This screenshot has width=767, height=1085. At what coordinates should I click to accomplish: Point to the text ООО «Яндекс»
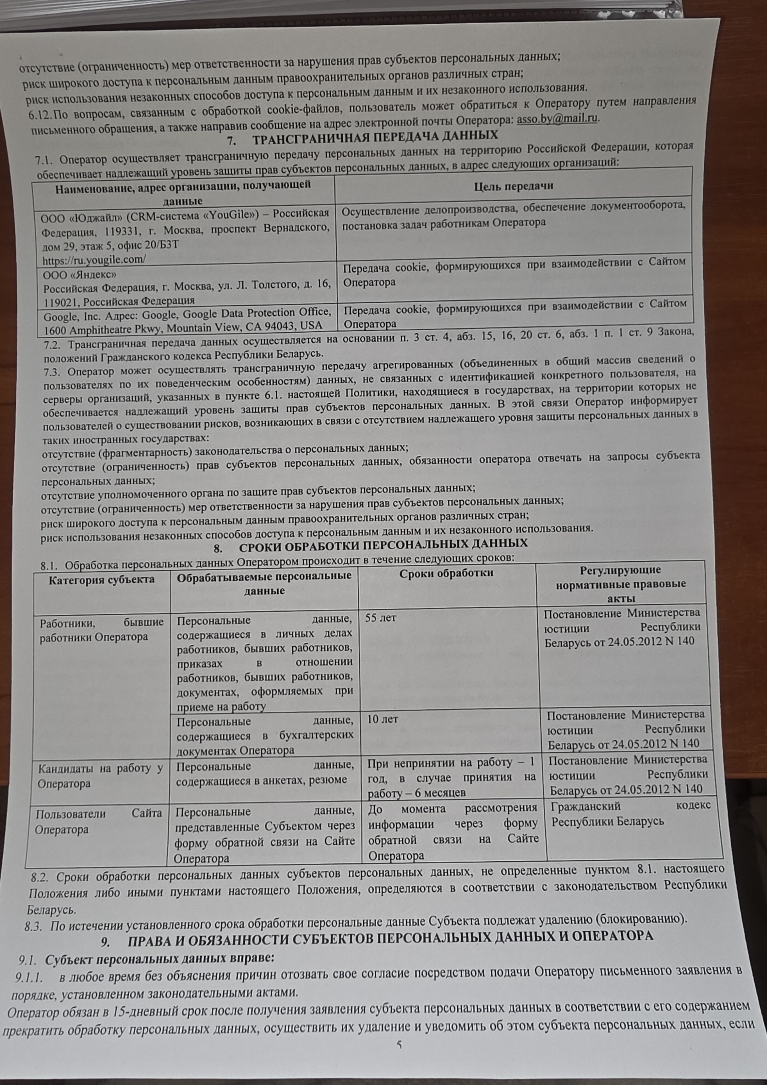80,274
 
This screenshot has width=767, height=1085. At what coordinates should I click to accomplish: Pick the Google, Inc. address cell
186,319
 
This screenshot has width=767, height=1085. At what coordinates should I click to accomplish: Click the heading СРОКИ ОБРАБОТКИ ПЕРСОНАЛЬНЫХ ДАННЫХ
383,544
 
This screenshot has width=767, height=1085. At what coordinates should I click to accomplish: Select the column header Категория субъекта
101,579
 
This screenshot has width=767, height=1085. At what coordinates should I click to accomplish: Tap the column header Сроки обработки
446,574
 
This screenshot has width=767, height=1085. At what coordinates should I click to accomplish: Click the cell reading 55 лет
380,618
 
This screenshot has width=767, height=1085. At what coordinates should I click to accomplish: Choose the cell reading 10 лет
382,719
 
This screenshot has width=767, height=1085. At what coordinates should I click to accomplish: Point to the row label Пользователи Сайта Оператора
98,821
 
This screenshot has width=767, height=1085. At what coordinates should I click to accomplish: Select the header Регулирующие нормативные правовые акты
620,584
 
